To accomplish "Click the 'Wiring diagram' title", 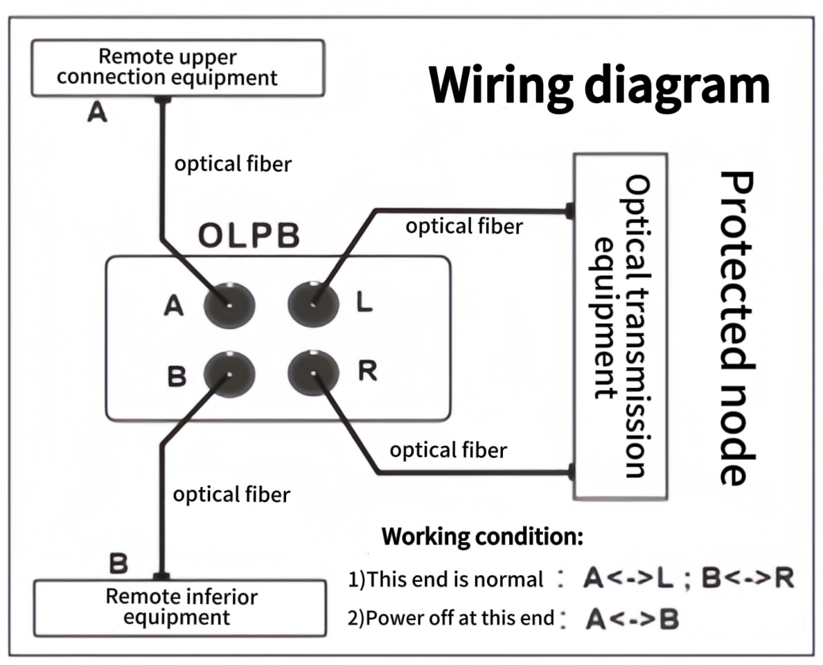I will coord(599,85).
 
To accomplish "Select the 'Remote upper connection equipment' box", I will coord(177,67).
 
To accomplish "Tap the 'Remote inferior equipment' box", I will coord(180,607).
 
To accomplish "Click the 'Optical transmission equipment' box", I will coord(620,326).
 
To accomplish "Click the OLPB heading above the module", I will coord(249,236).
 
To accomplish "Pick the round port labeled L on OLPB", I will coord(313,303).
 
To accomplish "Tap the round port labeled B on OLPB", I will coord(229,374).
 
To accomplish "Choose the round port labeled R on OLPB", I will coord(313,374).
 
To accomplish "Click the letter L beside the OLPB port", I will coord(364,303).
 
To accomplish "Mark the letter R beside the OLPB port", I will coord(367,372).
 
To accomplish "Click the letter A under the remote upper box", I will coord(97,113).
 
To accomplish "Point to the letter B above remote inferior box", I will coord(118,564).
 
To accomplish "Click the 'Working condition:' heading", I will coord(482,536).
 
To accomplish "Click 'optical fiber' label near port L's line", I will coord(463,226).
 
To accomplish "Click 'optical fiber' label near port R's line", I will coord(448,450).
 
